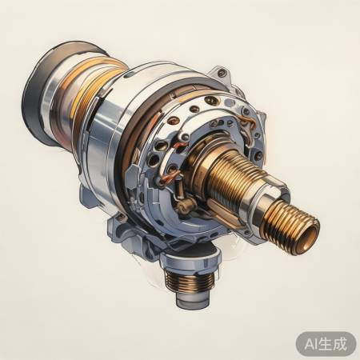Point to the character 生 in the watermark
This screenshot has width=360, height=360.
pos(329,343)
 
